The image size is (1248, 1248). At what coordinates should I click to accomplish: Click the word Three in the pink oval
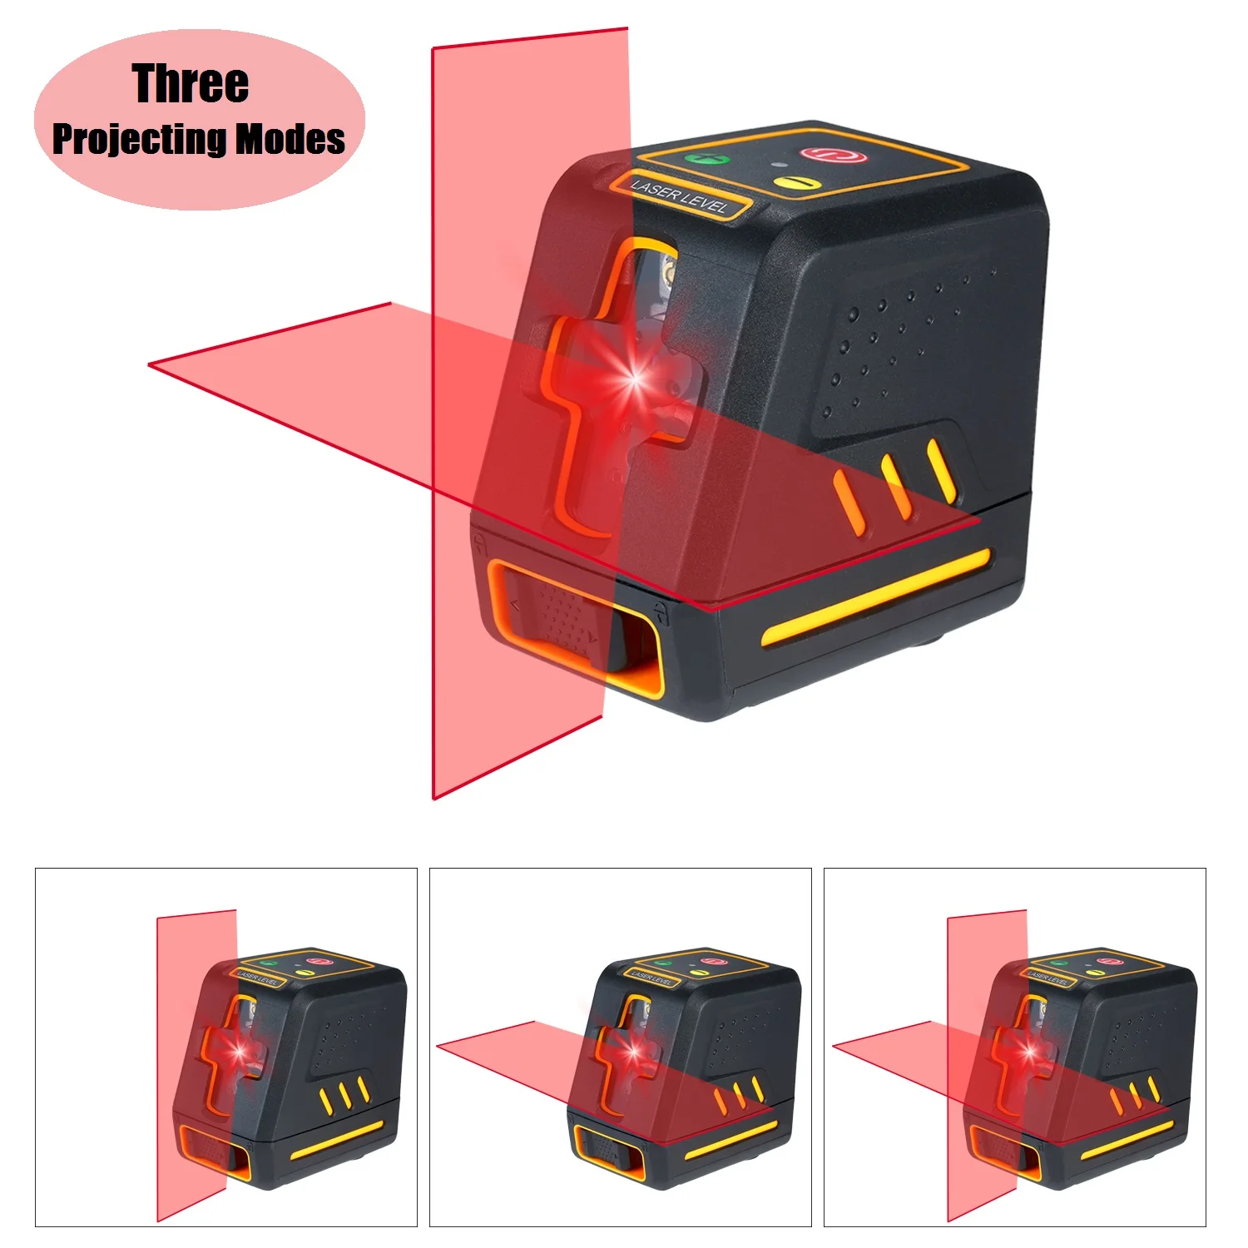[190, 84]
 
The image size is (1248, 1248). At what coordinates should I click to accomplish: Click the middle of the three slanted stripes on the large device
[897, 488]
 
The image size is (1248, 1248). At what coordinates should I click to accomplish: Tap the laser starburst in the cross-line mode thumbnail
[1030, 1052]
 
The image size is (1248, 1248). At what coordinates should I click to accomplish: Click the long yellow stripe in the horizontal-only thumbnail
[730, 1140]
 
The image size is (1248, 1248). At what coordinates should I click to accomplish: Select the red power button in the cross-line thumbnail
[1106, 961]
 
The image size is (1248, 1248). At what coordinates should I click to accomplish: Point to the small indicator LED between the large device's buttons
[774, 164]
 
